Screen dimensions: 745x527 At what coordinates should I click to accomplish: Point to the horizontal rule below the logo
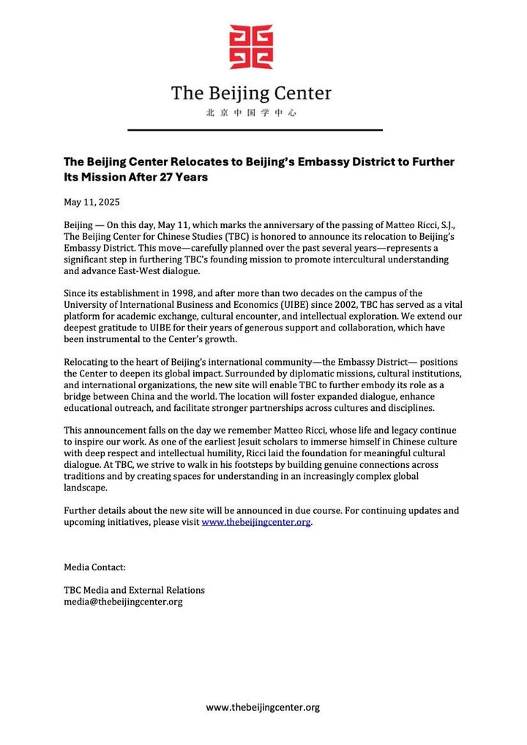255,130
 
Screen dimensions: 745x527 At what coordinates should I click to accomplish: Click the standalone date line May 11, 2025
91,202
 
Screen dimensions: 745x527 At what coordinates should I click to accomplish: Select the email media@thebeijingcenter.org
123,602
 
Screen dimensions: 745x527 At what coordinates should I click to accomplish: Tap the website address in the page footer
263,707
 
